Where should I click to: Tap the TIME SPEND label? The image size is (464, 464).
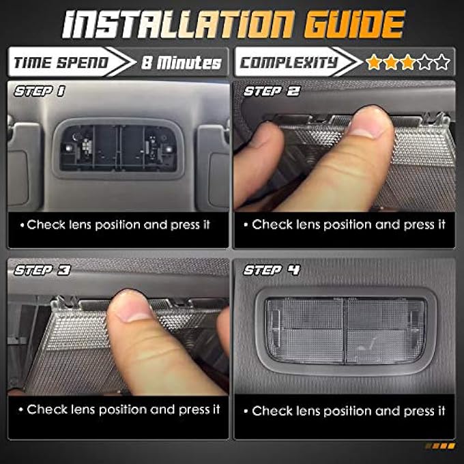pyautogui.click(x=61, y=63)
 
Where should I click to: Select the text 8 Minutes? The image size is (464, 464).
pyautogui.click(x=182, y=63)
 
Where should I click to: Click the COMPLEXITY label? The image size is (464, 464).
pyautogui.click(x=289, y=63)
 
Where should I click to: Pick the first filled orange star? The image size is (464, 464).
pyautogui.click(x=373, y=62)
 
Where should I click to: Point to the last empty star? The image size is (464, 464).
pyautogui.click(x=442, y=62)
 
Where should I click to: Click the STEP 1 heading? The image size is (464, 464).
pyautogui.click(x=40, y=91)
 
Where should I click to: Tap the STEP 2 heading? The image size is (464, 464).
pyautogui.click(x=272, y=91)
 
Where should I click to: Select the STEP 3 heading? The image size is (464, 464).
pyautogui.click(x=42, y=270)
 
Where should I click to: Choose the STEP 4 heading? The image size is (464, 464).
pyautogui.click(x=272, y=270)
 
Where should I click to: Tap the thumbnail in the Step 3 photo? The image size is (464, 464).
pyautogui.click(x=132, y=308)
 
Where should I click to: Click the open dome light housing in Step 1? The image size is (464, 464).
pyautogui.click(x=118, y=148)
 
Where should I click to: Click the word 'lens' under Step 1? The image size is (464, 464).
pyautogui.click(x=80, y=225)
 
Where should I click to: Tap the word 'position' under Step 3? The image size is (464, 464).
pyautogui.click(x=123, y=410)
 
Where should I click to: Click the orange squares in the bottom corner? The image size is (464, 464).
pyautogui.click(x=440, y=446)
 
